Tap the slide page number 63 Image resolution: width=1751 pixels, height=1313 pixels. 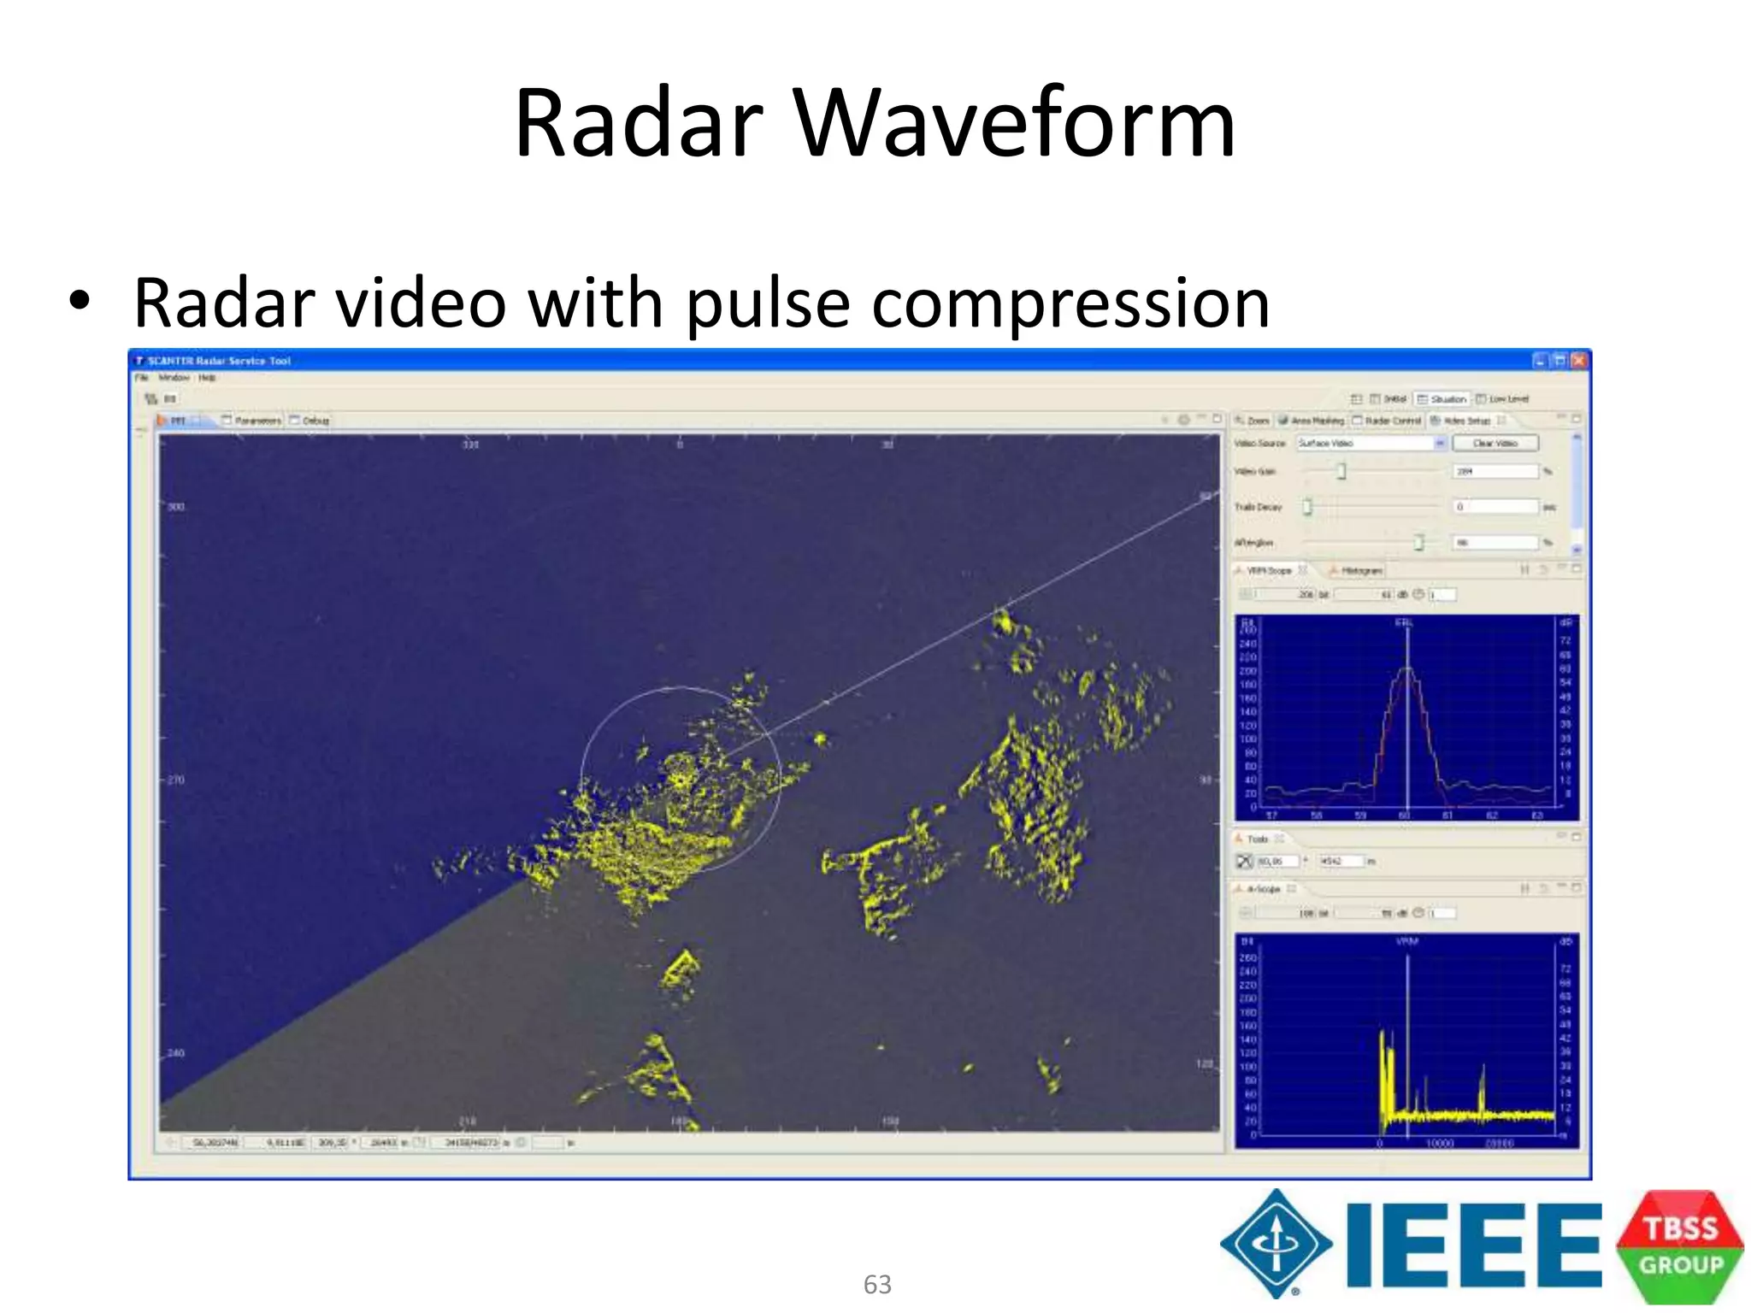pyautogui.click(x=877, y=1284)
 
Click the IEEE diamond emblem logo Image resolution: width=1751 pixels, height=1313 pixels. pyautogui.click(x=1276, y=1243)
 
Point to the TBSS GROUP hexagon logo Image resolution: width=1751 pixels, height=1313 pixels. pyautogui.click(x=1680, y=1246)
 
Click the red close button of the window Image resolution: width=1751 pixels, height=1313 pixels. pyautogui.click(x=1579, y=361)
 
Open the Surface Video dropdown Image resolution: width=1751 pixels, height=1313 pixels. pyautogui.click(x=1440, y=443)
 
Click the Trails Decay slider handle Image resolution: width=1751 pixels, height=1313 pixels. pyautogui.click(x=1307, y=507)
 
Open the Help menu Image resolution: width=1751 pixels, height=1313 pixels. pyautogui.click(x=207, y=378)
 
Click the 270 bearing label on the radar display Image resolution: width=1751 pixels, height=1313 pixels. pyautogui.click(x=176, y=780)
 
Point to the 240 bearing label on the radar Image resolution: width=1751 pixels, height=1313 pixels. pyautogui.click(x=176, y=1052)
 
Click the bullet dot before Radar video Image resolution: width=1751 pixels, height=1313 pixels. pyautogui.click(x=80, y=302)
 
